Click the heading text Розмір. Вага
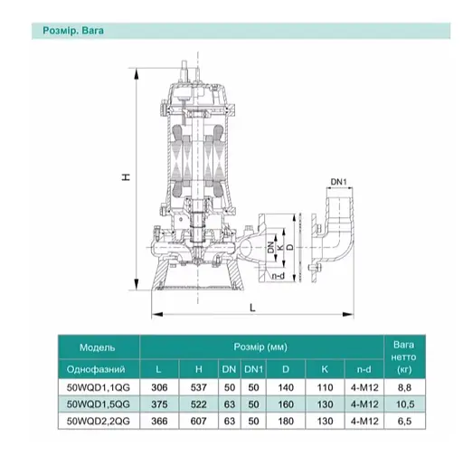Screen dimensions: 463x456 [x=73, y=31]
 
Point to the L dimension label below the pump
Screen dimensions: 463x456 [x=252, y=308]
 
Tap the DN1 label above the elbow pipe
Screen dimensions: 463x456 [x=339, y=182]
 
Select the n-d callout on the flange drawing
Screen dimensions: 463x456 [x=278, y=276]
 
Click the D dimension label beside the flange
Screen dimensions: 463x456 [x=289, y=247]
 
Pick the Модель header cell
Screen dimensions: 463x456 [x=98, y=347]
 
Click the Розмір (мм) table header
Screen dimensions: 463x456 [x=260, y=347]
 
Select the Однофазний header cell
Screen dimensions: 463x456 [x=96, y=369]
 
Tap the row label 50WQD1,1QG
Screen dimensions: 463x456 [x=99, y=387]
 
